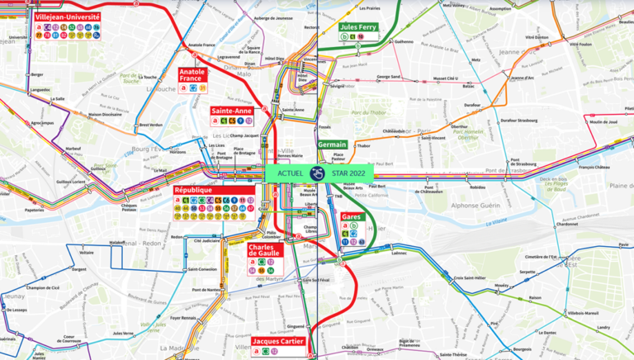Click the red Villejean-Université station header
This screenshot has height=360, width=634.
67,17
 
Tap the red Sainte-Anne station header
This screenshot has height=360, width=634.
232,110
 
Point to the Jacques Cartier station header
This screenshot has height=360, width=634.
279,341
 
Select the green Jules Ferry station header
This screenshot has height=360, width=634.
358,26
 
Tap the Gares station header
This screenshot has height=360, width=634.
351,216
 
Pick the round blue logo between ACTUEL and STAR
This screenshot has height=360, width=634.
317,173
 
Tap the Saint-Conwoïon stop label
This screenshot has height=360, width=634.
202,268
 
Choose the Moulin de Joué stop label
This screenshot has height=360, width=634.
603,121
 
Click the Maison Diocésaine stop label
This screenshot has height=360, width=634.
106,115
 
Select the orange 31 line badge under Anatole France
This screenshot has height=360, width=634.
202,88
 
